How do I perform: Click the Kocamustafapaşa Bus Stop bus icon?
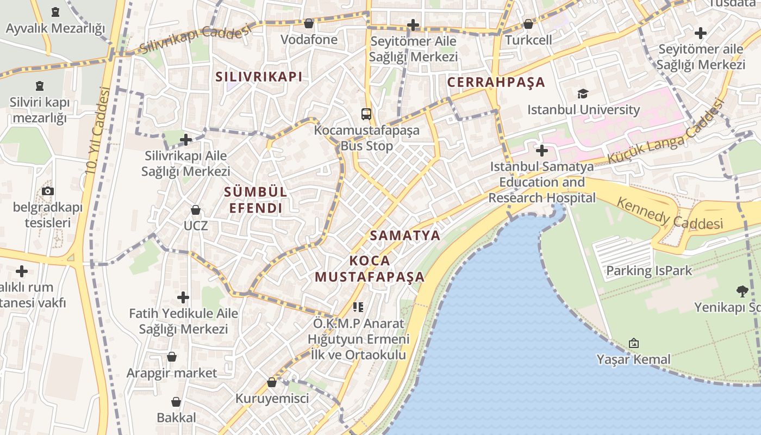pyautogui.click(x=366, y=114)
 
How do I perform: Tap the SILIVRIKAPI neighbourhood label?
pyautogui.click(x=259, y=77)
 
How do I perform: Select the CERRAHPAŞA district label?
pyautogui.click(x=496, y=82)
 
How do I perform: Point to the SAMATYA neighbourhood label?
pyautogui.click(x=405, y=235)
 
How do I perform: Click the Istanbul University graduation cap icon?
pyautogui.click(x=583, y=94)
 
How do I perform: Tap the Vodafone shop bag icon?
pyautogui.click(x=309, y=23)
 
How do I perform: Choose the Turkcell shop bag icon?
pyautogui.click(x=528, y=24)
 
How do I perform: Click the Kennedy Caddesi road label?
pyautogui.click(x=670, y=213)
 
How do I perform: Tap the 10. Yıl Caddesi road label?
pyautogui.click(x=98, y=130)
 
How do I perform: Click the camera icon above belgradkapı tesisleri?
pyautogui.click(x=48, y=191)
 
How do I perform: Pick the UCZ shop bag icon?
pyautogui.click(x=196, y=210)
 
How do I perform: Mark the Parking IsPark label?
pyautogui.click(x=649, y=270)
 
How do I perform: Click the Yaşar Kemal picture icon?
pyautogui.click(x=633, y=343)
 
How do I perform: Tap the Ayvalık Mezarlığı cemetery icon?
pyautogui.click(x=55, y=11)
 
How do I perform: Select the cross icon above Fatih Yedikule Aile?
pyautogui.click(x=183, y=297)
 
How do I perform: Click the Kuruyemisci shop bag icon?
pyautogui.click(x=272, y=383)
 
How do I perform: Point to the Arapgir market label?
pyautogui.click(x=172, y=373)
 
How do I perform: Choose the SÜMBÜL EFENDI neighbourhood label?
pyautogui.click(x=255, y=200)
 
